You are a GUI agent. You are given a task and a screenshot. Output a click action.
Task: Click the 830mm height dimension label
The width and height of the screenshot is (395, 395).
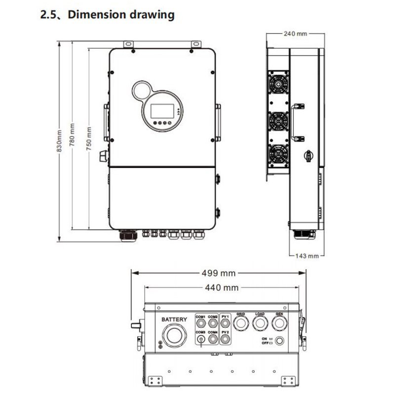[60, 141]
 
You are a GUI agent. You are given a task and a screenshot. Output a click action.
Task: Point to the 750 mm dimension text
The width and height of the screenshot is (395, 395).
[89, 139]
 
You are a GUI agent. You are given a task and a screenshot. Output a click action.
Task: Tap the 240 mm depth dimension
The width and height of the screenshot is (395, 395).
[296, 34]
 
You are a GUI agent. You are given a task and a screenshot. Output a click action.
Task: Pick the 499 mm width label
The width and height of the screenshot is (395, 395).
[217, 273]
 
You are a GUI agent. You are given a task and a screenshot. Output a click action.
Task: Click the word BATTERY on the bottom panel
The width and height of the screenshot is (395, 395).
[174, 319]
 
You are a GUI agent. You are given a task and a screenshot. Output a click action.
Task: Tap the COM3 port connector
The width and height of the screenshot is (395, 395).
[201, 340]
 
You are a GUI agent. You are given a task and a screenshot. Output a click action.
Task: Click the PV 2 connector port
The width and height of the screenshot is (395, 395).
[225, 340]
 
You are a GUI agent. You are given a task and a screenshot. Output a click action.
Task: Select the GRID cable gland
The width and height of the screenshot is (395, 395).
[241, 323]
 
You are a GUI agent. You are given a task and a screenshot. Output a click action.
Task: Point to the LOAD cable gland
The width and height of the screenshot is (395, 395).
[260, 323]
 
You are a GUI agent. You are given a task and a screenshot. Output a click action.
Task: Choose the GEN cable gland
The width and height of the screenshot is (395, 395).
[279, 323]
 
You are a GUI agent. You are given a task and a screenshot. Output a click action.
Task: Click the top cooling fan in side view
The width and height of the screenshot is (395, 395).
[277, 84]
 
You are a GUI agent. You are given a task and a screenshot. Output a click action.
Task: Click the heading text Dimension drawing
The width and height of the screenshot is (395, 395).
[120, 15]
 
